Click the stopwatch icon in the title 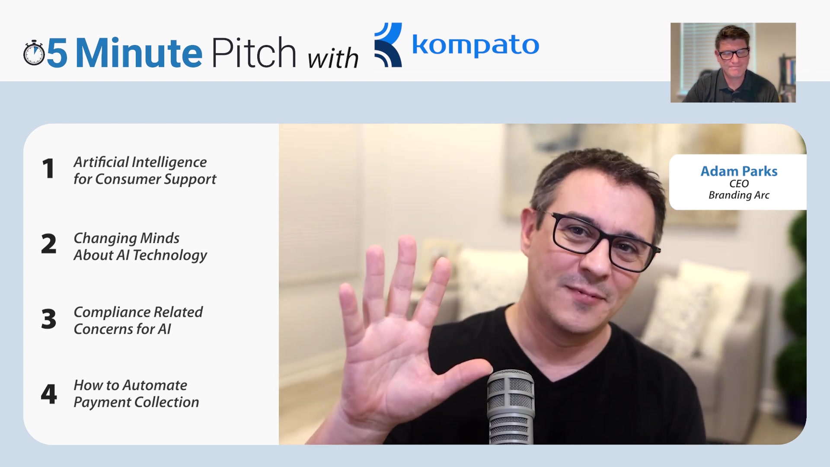pos(34,53)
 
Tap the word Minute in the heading pos(139,53)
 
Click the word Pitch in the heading pos(254,52)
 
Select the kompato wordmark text pos(476,45)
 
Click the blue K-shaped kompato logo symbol pos(388,45)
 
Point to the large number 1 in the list pos(48,169)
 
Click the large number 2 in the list pos(49,243)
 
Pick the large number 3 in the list pos(49,319)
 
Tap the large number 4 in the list pos(49,394)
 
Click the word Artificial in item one pos(101,162)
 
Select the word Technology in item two pos(170,256)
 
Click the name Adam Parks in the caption pos(739,171)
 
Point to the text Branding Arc pos(739,195)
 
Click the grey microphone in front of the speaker pos(511,406)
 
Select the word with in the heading pos(333,58)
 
